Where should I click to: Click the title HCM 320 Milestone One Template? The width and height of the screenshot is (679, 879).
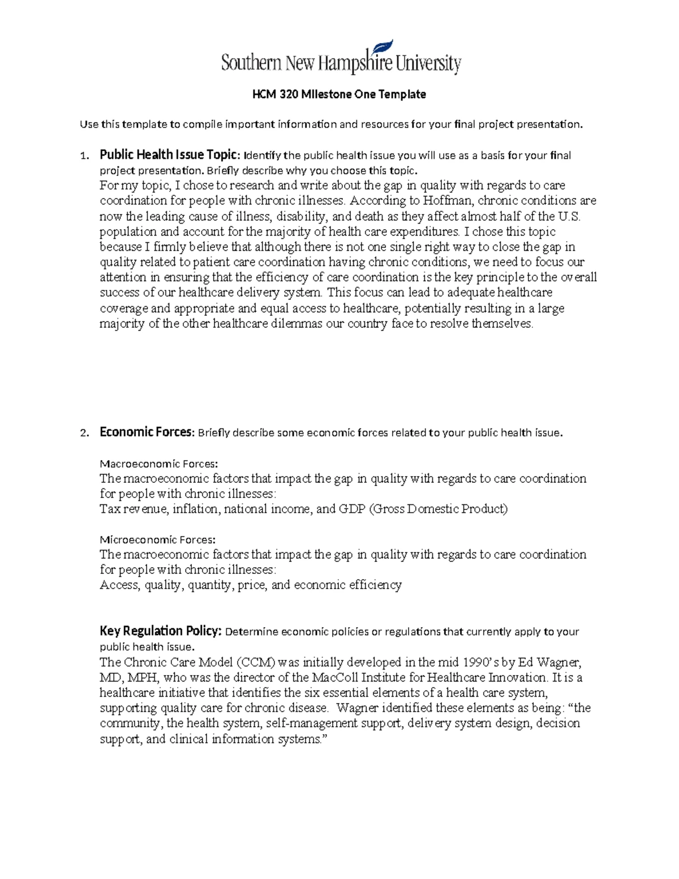(339, 95)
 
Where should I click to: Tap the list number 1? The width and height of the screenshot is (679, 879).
(84, 156)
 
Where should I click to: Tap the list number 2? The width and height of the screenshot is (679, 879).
(84, 433)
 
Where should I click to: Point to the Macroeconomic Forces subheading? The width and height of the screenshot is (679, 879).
(158, 464)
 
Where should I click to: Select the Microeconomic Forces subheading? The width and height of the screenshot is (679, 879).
(158, 539)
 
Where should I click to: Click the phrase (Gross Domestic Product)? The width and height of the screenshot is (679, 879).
(439, 509)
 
